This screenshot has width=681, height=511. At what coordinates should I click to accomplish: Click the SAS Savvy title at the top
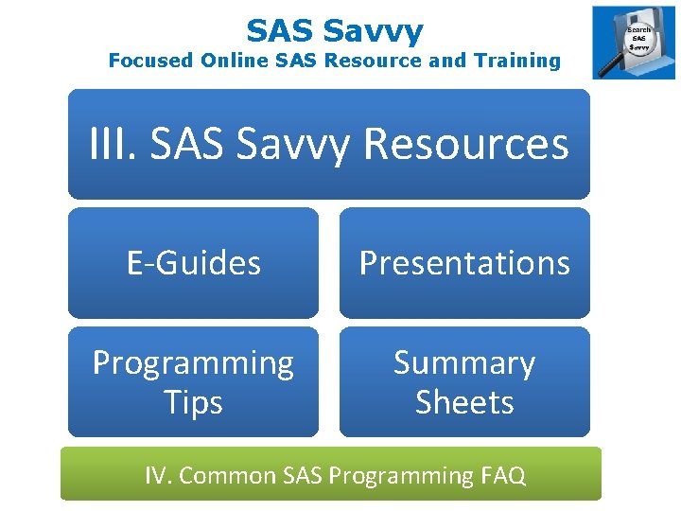pyautogui.click(x=335, y=30)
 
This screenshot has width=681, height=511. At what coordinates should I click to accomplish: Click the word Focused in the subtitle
pyautogui.click(x=149, y=61)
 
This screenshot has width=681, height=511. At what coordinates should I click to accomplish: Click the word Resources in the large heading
pyautogui.click(x=465, y=144)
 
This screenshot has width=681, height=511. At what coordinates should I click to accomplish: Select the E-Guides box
pyautogui.click(x=193, y=262)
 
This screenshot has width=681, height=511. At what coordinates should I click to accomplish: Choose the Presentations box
pyautogui.click(x=464, y=262)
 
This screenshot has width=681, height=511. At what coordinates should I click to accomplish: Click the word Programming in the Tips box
pyautogui.click(x=193, y=362)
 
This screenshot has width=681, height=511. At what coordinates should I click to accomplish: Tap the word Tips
pyautogui.click(x=193, y=402)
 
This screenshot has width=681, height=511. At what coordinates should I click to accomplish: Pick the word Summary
pyautogui.click(x=464, y=362)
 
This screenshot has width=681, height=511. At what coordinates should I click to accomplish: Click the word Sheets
pyautogui.click(x=464, y=402)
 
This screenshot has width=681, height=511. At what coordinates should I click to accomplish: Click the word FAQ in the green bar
pyautogui.click(x=501, y=474)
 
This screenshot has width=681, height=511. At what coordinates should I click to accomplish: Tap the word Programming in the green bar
pyautogui.click(x=402, y=475)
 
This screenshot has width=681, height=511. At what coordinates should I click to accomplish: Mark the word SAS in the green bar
pyautogui.click(x=303, y=474)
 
